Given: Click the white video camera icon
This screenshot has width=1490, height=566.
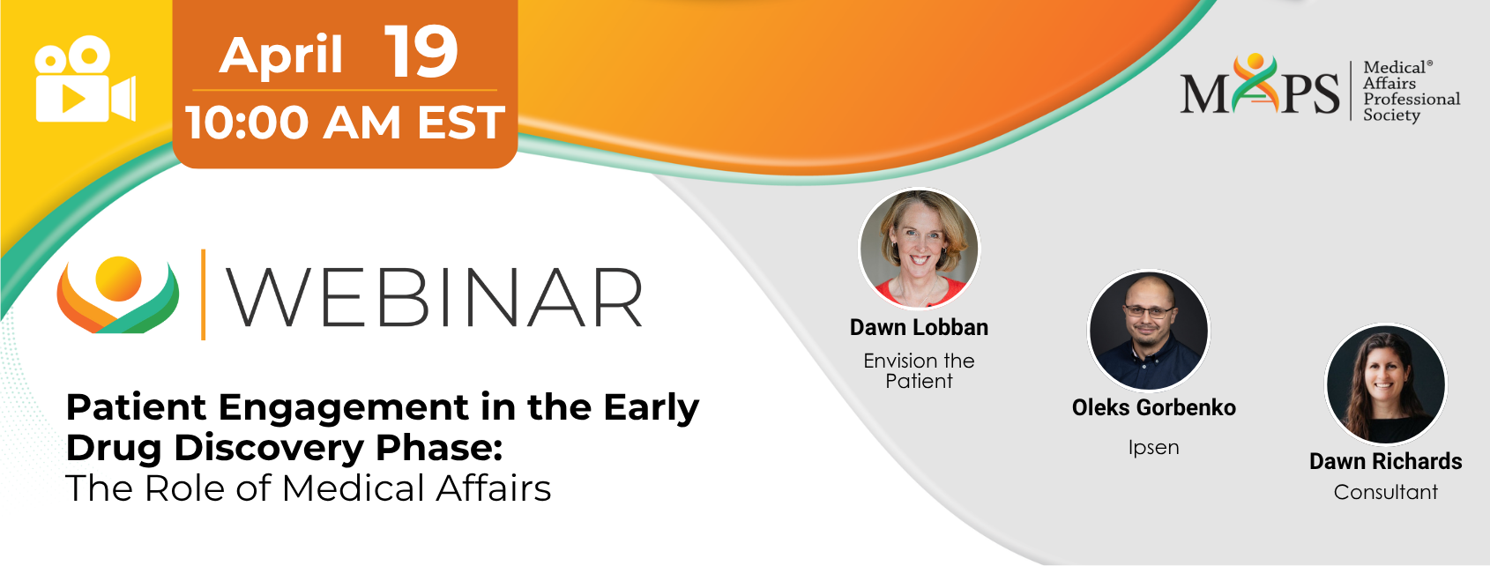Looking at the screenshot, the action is click(x=86, y=79).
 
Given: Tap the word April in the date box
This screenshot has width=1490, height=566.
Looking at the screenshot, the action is click(x=280, y=56).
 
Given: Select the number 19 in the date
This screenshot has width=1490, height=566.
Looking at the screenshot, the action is click(x=421, y=52).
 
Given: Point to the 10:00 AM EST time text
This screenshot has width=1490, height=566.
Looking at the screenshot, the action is click(x=346, y=123).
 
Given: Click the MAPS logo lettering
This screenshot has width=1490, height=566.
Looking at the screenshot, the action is click(x=1260, y=86).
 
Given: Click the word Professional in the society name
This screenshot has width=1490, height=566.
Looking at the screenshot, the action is click(x=1412, y=99).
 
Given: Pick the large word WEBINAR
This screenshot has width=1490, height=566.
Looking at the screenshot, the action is click(x=435, y=297).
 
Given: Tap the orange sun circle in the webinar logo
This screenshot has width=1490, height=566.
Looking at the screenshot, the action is click(x=118, y=278).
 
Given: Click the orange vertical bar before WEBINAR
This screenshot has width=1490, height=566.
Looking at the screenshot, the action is click(x=203, y=294).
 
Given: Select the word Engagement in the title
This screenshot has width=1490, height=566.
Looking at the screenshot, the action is click(x=343, y=408).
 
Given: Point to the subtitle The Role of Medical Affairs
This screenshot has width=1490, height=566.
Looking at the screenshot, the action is click(x=309, y=488).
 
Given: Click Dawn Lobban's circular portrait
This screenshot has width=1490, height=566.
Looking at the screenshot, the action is click(x=920, y=249).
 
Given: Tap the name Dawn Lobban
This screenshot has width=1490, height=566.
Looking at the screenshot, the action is click(x=920, y=327).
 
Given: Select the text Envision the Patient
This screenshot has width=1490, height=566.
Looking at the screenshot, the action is click(x=920, y=370).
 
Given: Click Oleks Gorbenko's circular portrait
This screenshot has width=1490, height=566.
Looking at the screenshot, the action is click(x=1149, y=331).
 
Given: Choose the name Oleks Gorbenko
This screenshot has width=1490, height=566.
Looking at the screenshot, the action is click(x=1154, y=407).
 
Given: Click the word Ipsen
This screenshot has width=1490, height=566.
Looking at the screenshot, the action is click(x=1154, y=448).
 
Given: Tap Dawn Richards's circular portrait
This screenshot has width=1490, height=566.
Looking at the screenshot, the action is click(x=1386, y=384).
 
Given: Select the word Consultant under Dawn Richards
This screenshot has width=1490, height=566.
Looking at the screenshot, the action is click(x=1386, y=492).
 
